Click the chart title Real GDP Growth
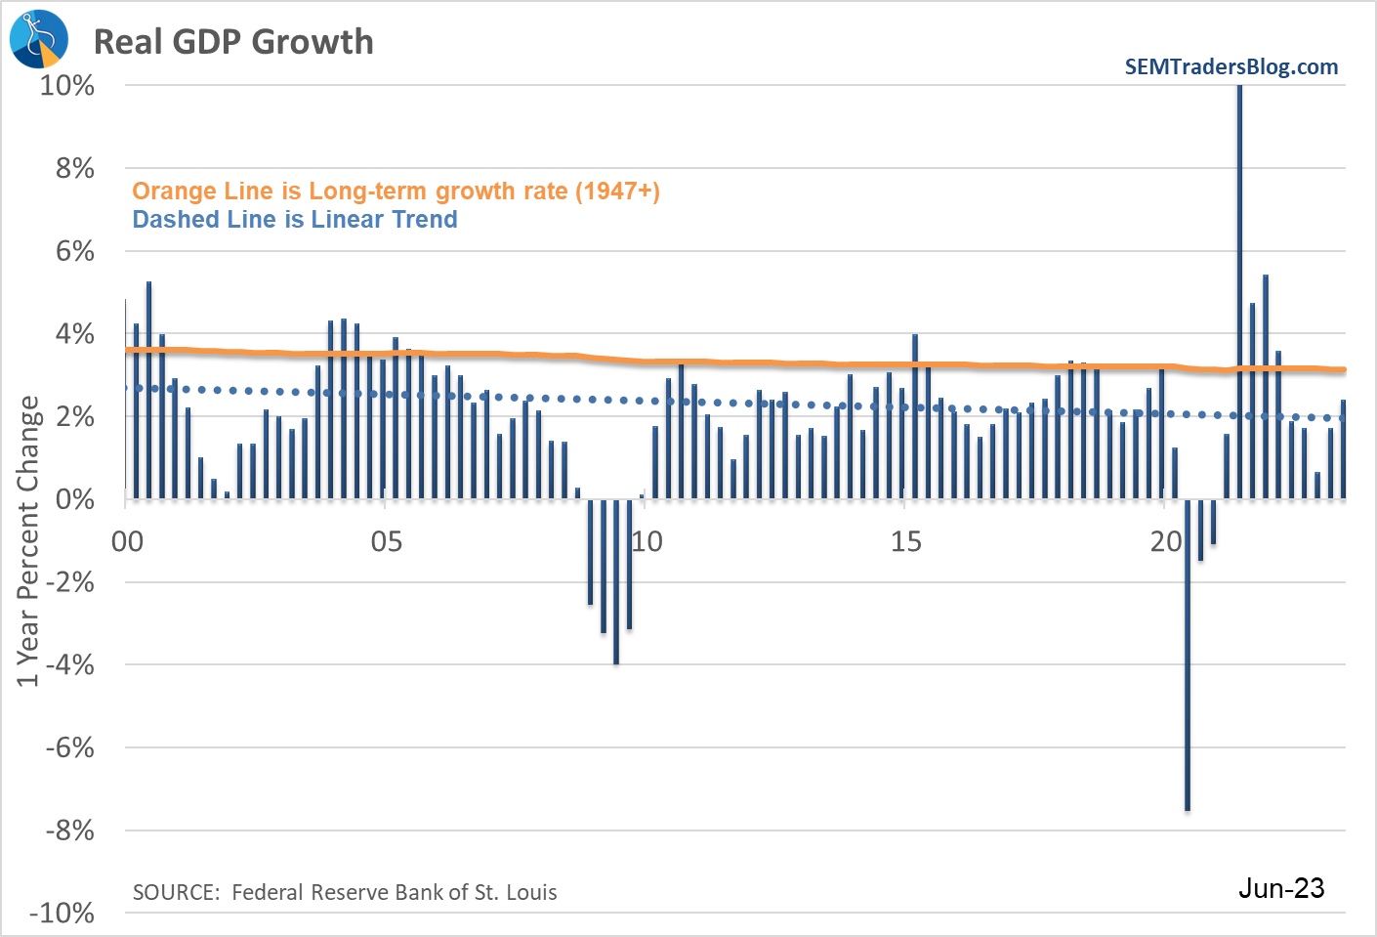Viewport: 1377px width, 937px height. click(233, 42)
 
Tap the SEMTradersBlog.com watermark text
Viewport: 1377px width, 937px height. click(1231, 67)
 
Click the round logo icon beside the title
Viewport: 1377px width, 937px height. click(39, 39)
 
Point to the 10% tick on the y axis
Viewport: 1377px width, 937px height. click(67, 86)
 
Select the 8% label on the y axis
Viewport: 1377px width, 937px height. click(74, 168)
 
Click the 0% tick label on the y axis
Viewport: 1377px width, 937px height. click(74, 499)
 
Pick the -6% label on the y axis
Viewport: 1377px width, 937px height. click(70, 747)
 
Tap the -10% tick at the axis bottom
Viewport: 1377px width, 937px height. click(63, 913)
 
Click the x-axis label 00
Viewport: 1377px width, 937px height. click(127, 541)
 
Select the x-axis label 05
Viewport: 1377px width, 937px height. click(387, 541)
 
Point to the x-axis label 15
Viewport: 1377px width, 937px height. click(906, 541)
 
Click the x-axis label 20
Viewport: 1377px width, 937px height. click(1165, 541)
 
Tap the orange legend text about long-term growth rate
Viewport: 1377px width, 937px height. click(396, 192)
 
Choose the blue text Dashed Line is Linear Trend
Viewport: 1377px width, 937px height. click(295, 220)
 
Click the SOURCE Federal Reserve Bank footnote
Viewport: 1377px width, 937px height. click(345, 892)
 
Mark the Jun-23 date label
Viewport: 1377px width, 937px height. click(1281, 888)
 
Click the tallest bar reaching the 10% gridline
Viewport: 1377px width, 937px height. click(1239, 293)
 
